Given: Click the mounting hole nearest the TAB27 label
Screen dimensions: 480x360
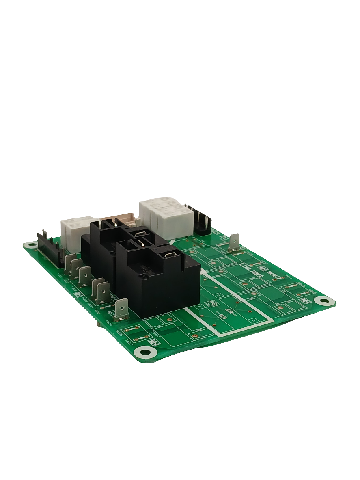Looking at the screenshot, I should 144,352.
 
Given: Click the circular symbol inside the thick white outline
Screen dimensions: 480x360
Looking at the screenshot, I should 212,303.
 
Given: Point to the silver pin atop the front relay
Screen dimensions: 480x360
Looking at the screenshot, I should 140,243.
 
